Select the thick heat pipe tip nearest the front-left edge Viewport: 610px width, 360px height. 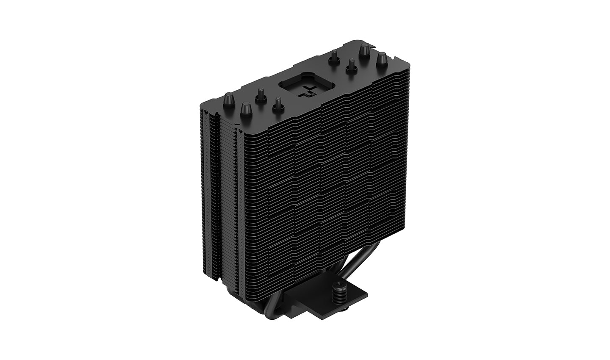tap(245, 109)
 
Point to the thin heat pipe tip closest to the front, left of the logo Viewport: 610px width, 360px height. tap(277, 103)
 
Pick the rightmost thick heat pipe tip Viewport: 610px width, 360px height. tap(382, 58)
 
